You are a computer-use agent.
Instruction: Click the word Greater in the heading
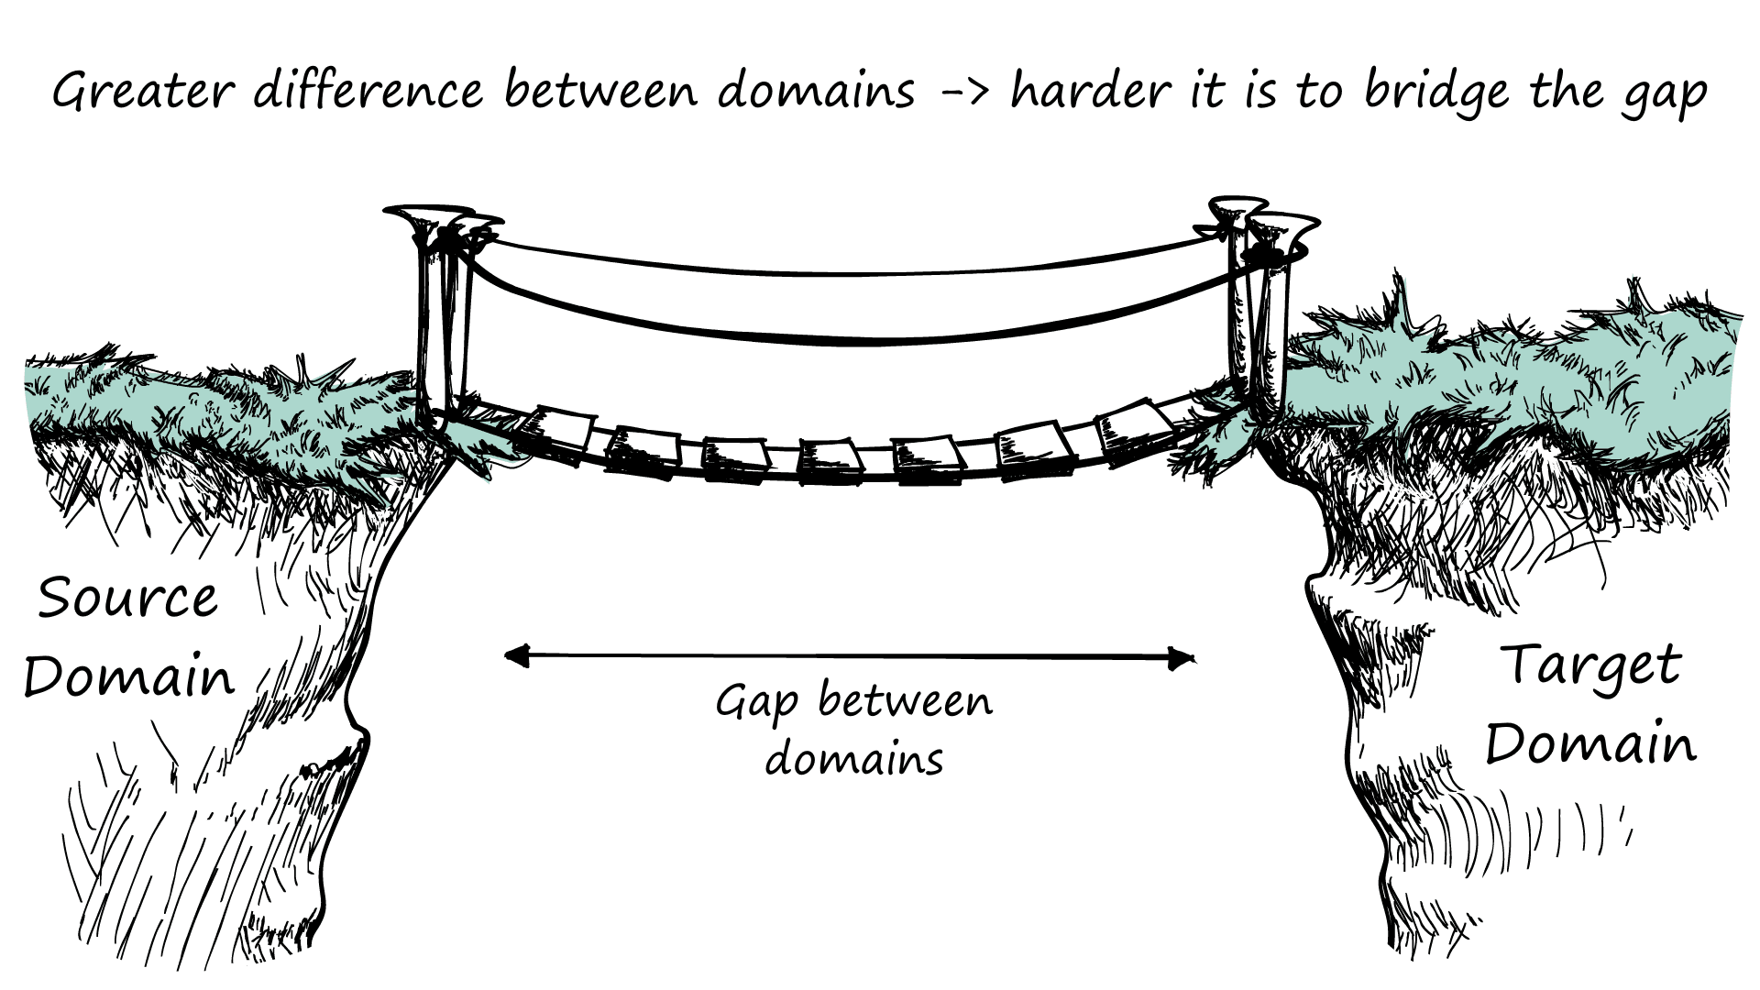click(x=142, y=92)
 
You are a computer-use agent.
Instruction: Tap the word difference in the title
click(x=368, y=92)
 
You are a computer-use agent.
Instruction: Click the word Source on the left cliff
click(x=128, y=599)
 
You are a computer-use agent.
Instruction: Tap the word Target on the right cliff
click(x=1593, y=666)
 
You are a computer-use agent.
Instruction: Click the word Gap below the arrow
click(x=756, y=704)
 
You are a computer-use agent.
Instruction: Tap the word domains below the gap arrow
click(x=854, y=759)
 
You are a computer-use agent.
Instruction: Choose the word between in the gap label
click(x=905, y=702)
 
